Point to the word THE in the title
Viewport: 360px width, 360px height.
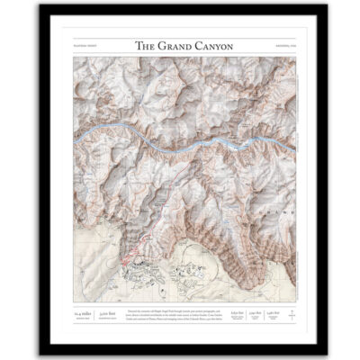pyautogui.click(x=145, y=45)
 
